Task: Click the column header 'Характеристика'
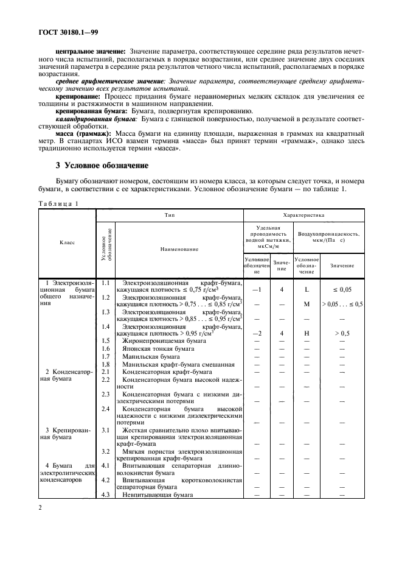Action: [x=303, y=215]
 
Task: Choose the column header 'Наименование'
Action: [x=179, y=248]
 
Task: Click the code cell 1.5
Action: [x=105, y=341]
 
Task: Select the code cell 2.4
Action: [x=105, y=409]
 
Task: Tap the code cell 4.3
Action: [x=105, y=494]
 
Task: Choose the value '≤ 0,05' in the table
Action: [x=342, y=290]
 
